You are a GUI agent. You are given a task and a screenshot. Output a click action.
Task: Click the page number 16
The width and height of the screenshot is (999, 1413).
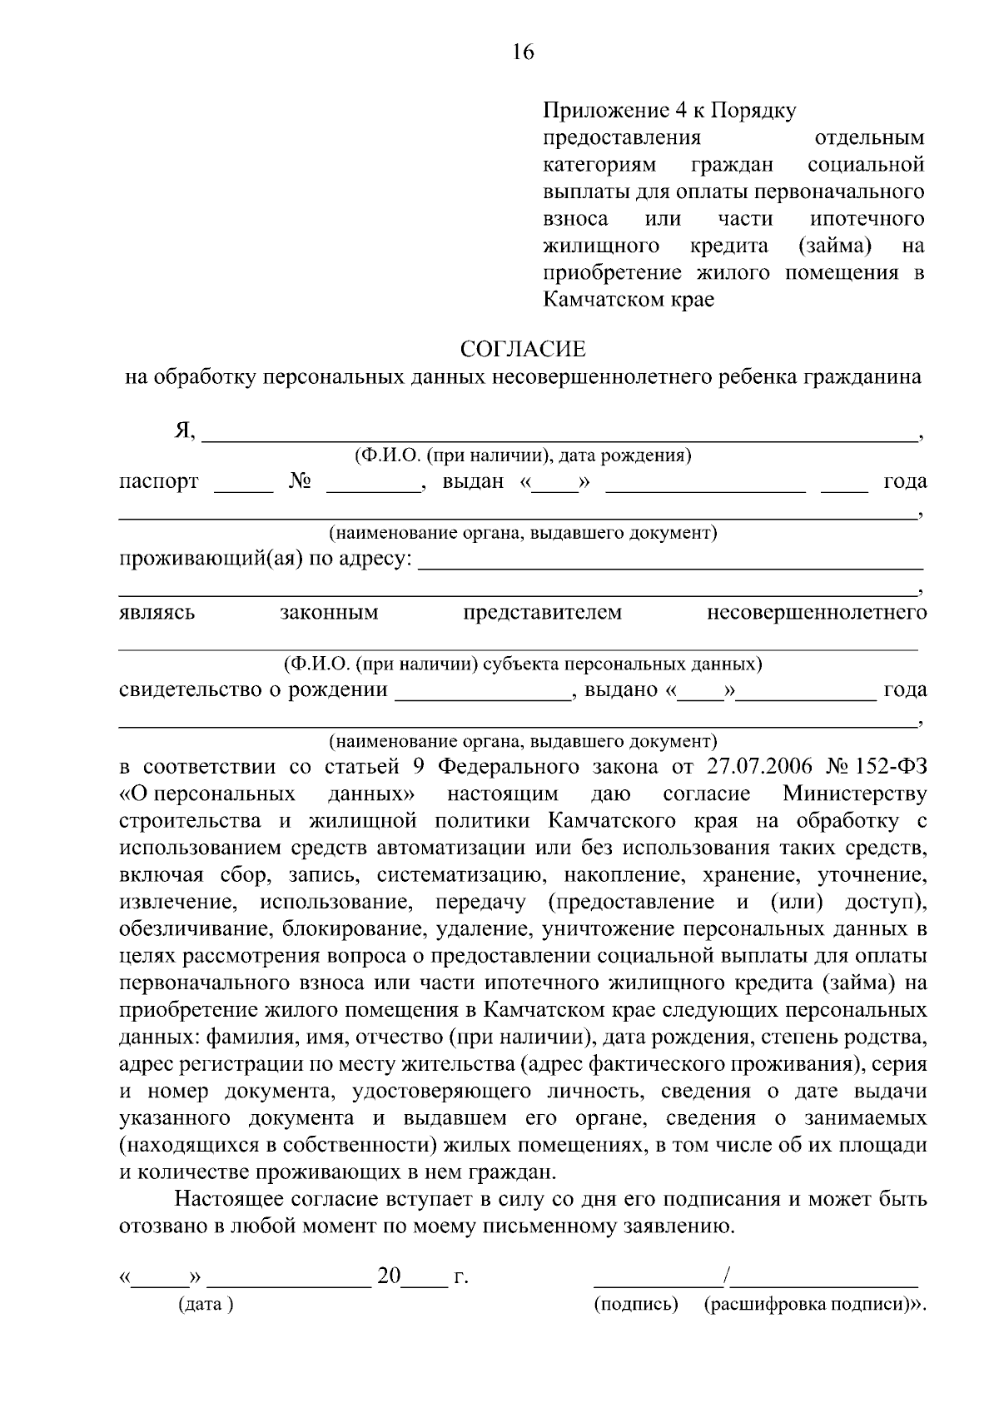522,53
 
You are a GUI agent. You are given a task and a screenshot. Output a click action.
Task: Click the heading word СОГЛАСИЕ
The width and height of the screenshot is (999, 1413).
524,348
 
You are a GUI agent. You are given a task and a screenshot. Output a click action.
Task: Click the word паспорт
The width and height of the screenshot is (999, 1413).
158,481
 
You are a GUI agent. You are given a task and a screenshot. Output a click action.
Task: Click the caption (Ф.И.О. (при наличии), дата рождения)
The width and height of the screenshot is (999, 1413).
523,456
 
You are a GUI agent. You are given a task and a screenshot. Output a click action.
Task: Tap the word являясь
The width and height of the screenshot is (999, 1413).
157,613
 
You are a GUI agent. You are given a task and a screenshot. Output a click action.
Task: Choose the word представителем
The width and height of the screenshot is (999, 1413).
542,613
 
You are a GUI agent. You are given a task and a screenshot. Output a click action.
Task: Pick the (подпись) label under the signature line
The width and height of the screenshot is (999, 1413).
637,1304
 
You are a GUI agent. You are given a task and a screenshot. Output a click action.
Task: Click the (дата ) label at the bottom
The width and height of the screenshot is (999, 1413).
206,1304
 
